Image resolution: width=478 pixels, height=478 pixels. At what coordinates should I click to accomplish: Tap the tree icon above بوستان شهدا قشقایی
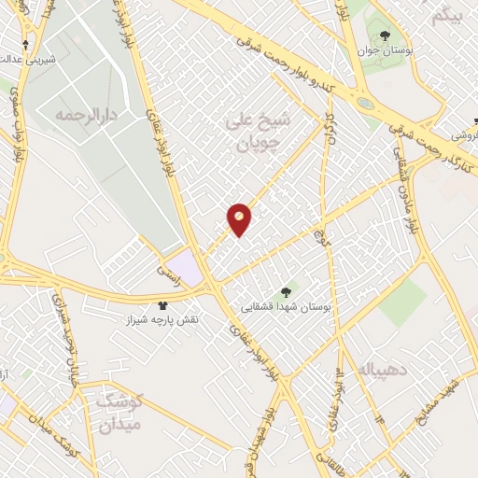coord(287,291)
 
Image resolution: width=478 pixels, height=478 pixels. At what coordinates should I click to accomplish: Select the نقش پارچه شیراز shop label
coord(168,318)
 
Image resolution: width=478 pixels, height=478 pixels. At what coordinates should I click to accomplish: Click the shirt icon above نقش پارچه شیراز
coord(163,304)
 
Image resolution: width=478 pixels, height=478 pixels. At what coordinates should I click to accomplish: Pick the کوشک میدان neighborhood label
coord(118,412)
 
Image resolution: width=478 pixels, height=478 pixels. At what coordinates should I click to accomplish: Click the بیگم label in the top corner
coord(447,16)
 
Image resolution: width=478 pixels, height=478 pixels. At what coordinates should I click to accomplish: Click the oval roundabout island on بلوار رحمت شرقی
coord(364,102)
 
